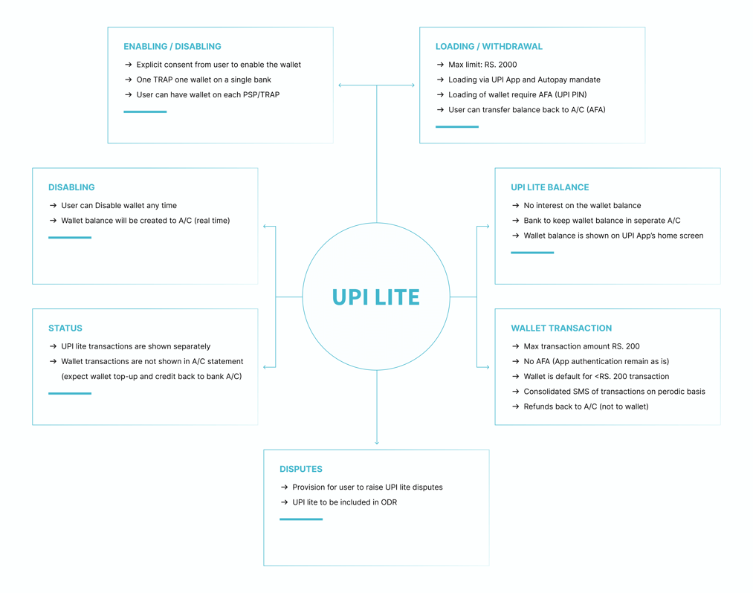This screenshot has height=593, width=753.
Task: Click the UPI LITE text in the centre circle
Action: click(376, 297)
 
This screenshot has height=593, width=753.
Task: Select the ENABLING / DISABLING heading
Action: click(172, 47)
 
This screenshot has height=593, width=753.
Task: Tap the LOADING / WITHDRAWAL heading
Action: click(489, 47)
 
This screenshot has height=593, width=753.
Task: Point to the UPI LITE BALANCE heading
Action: click(550, 187)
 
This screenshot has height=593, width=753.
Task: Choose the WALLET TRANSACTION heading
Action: click(561, 328)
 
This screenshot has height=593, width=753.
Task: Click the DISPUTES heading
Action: click(301, 469)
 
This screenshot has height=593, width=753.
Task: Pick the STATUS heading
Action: click(65, 328)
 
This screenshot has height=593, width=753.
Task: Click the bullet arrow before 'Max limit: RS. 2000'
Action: click(440, 65)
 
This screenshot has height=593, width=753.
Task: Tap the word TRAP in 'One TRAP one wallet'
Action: click(163, 80)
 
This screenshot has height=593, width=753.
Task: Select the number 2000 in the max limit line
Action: click(508, 65)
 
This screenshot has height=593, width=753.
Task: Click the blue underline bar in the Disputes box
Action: click(301, 519)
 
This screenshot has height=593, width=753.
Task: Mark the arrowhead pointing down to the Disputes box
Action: click(377, 442)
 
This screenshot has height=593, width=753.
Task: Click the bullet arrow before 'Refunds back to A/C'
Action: click(516, 406)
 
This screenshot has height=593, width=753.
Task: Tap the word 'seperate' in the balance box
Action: click(649, 221)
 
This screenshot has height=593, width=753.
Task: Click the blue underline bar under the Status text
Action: click(70, 393)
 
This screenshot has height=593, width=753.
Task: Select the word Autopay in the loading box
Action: click(552, 80)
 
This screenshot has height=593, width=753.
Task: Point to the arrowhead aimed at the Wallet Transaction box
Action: click(487, 367)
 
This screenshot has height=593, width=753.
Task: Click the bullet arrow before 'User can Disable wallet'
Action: click(54, 206)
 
